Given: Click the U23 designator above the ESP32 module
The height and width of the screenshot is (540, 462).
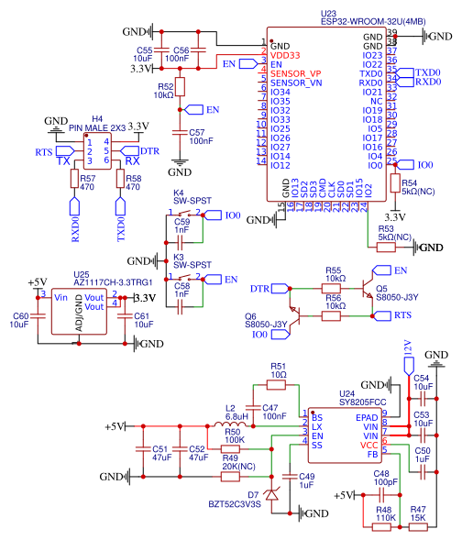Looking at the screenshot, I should tap(328, 14).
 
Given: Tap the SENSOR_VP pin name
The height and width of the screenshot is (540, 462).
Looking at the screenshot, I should tap(296, 72).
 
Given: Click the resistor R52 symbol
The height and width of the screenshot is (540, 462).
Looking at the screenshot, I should tap(181, 87).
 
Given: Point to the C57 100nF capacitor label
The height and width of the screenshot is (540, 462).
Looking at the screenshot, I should tap(201, 137).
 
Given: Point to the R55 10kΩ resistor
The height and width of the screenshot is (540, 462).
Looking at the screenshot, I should tap(334, 289).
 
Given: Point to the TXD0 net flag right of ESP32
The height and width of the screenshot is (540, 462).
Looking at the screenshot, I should tap(426, 72).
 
